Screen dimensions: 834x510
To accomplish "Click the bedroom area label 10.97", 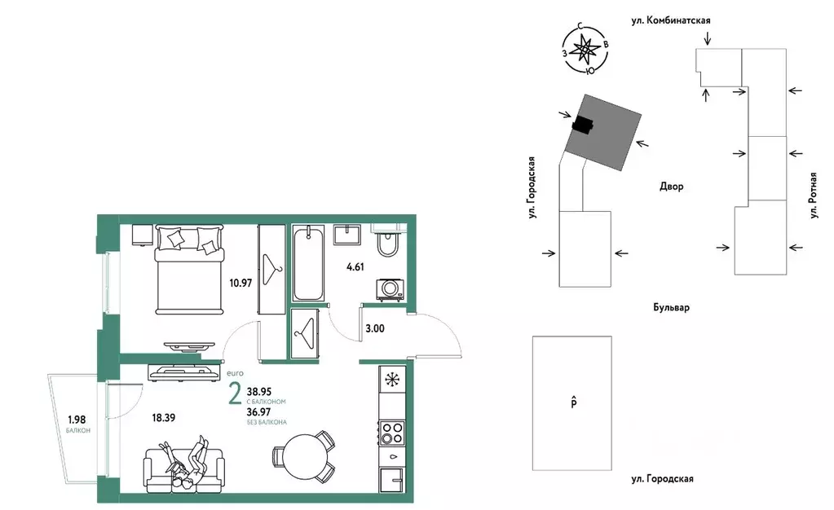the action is (240, 283).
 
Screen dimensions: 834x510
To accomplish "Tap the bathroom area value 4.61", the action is (355, 267).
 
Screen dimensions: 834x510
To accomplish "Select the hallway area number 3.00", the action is (375, 328).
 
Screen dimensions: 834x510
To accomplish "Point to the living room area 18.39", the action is (163, 418).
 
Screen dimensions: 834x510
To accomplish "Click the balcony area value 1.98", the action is (77, 420).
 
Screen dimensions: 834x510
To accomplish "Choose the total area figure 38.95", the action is (259, 392).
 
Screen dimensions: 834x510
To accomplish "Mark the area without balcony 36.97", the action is (259, 412).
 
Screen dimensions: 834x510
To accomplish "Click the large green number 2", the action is (235, 394).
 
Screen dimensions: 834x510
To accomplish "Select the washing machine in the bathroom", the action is (390, 290).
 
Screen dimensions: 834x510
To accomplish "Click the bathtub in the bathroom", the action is (308, 263).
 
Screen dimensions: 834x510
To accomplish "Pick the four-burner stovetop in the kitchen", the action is (392, 433).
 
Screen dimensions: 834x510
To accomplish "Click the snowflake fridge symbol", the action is (392, 380).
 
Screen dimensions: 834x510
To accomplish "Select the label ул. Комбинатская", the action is (671, 20).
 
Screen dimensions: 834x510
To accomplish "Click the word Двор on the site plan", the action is (672, 186).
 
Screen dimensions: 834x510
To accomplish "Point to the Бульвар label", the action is (671, 307).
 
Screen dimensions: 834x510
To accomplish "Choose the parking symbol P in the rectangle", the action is (574, 402).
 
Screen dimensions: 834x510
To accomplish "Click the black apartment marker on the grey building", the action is (582, 125).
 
